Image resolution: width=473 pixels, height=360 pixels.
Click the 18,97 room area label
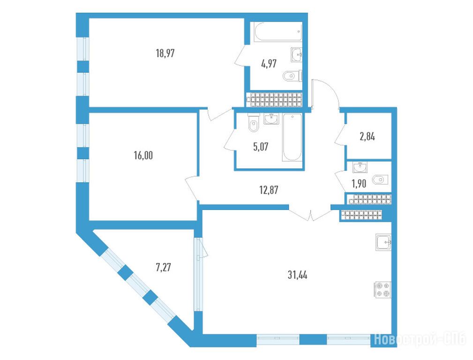point(165,53)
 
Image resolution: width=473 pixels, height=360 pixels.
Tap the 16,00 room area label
point(143,156)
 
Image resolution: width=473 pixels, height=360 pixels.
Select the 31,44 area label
point(297,275)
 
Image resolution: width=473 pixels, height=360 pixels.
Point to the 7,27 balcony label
point(163,267)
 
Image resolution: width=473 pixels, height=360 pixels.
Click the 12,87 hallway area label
point(269,190)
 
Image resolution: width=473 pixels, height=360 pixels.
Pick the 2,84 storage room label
point(367,137)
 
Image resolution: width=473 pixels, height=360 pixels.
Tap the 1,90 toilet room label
point(359,183)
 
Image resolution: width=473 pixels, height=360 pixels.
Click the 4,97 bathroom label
point(269,64)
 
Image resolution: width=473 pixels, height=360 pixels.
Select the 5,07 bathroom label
point(260,147)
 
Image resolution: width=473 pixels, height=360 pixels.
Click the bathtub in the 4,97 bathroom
point(278,32)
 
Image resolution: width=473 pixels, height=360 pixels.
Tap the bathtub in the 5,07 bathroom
point(292,137)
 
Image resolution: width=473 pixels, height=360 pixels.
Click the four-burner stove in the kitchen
point(383,290)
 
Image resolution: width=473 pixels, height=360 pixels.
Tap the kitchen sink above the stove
point(383,242)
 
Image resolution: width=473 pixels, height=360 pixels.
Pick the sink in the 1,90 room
point(360,167)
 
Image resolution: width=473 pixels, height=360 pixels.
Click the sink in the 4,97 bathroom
point(297,55)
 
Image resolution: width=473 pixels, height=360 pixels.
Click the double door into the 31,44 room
point(310,212)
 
